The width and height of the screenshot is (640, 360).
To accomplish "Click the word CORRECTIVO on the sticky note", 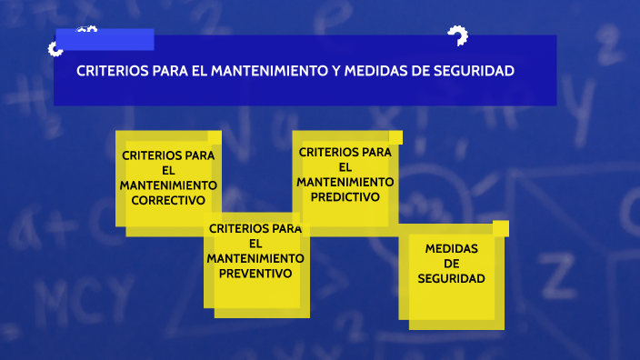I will coord(168,200).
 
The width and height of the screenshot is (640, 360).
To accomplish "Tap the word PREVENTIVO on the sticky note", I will coord(255,273).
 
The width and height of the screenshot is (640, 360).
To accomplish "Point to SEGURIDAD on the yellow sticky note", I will coord(451,279).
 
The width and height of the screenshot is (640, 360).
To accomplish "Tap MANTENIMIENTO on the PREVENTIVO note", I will coord(255,258).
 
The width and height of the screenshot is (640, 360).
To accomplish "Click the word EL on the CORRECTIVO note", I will coord(168,170).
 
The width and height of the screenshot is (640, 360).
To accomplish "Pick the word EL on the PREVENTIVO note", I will coord(255,243).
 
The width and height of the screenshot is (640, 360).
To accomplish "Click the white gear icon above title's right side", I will coord(457,37).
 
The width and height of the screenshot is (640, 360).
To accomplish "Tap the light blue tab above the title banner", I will coord(105,40).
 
